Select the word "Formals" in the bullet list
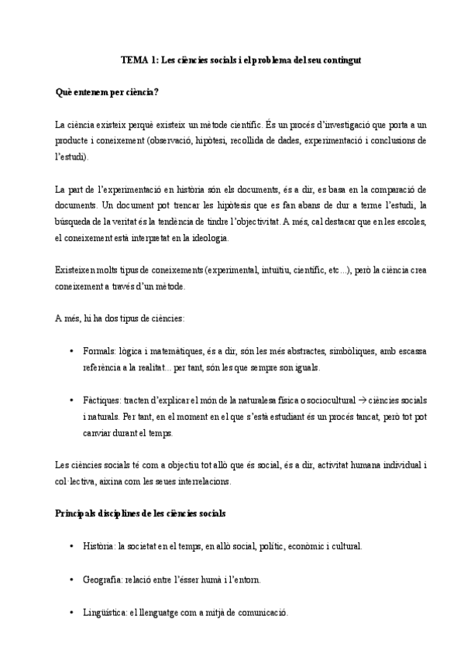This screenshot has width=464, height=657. [98, 351]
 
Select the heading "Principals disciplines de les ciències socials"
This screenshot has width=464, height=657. [140, 514]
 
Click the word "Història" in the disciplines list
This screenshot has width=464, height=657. [99, 546]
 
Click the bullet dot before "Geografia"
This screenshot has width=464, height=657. [72, 579]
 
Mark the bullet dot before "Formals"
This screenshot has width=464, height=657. [72, 351]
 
